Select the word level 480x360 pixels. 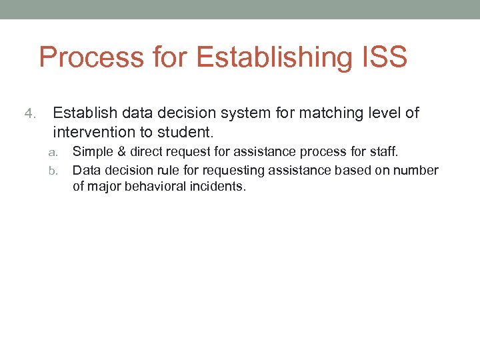point(384,113)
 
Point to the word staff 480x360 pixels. point(383,153)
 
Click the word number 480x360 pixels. point(418,171)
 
